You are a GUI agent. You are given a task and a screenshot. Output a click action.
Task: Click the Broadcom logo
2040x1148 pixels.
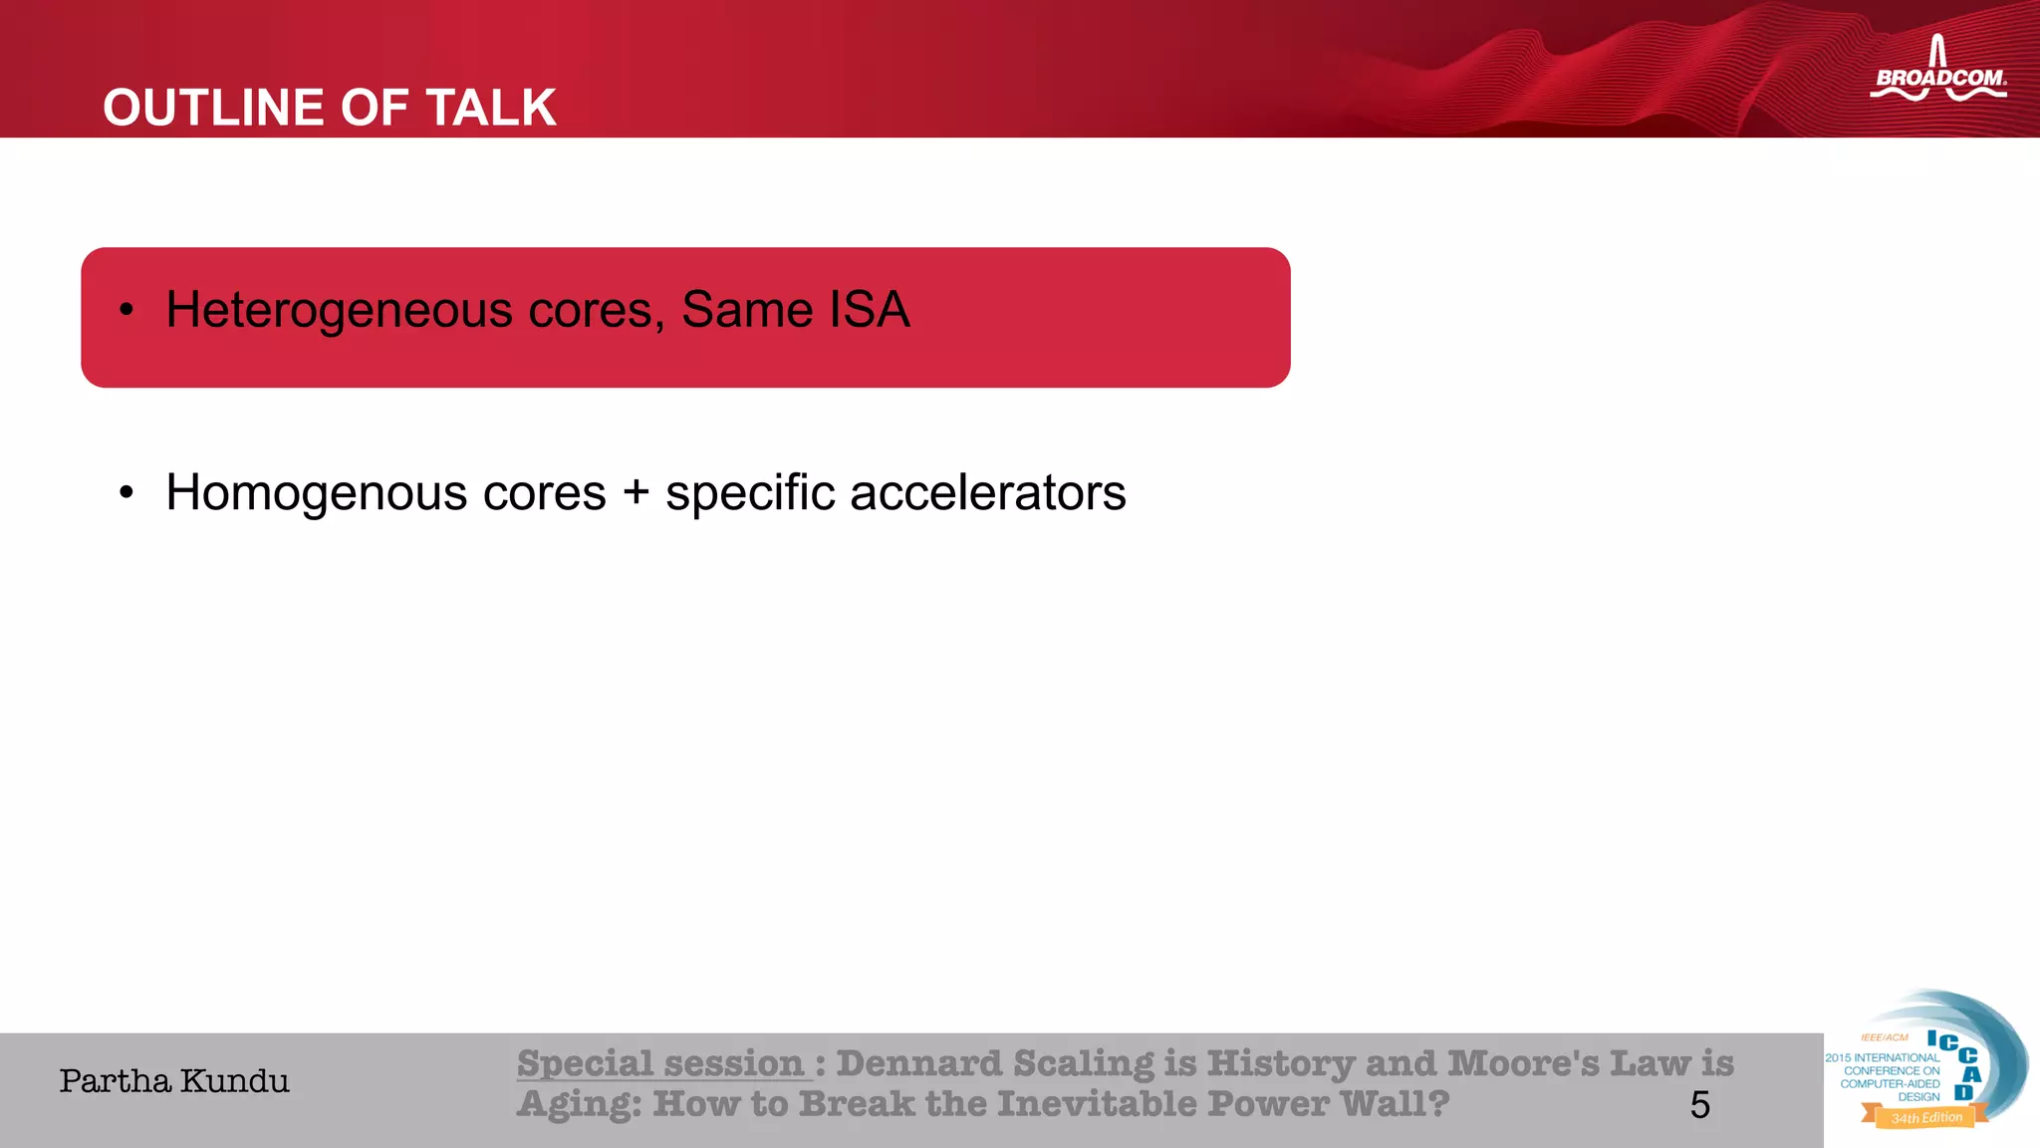(x=1937, y=72)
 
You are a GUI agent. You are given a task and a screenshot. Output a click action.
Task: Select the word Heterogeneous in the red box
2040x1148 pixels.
(x=338, y=310)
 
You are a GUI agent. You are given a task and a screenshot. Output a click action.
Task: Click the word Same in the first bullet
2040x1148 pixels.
(x=747, y=309)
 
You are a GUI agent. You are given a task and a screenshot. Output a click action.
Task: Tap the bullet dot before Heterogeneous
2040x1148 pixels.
(x=126, y=311)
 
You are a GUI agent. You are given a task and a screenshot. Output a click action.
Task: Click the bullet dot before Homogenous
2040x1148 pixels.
(x=126, y=493)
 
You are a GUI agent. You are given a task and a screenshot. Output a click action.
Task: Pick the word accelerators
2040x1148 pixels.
(x=987, y=493)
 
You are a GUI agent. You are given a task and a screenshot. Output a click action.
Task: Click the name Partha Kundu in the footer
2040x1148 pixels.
(x=174, y=1081)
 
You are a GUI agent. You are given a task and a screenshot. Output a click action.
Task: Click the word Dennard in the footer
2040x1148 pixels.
(x=918, y=1063)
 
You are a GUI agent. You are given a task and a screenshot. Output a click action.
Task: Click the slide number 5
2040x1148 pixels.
(x=1699, y=1105)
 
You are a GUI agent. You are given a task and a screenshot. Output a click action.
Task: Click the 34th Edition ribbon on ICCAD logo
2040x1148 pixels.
(x=1925, y=1118)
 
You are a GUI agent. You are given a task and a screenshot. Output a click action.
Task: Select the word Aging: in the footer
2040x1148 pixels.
(x=579, y=1104)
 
